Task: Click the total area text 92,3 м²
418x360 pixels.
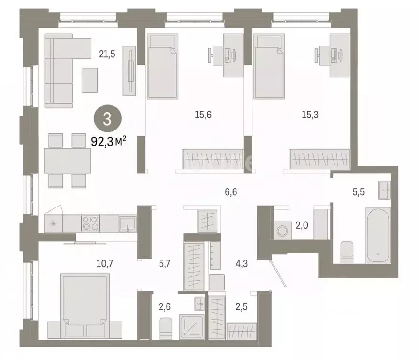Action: click(108, 141)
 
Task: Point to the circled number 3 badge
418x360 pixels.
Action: click(106, 119)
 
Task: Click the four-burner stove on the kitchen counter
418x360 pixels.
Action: click(90, 223)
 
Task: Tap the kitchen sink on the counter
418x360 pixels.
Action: click(127, 223)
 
